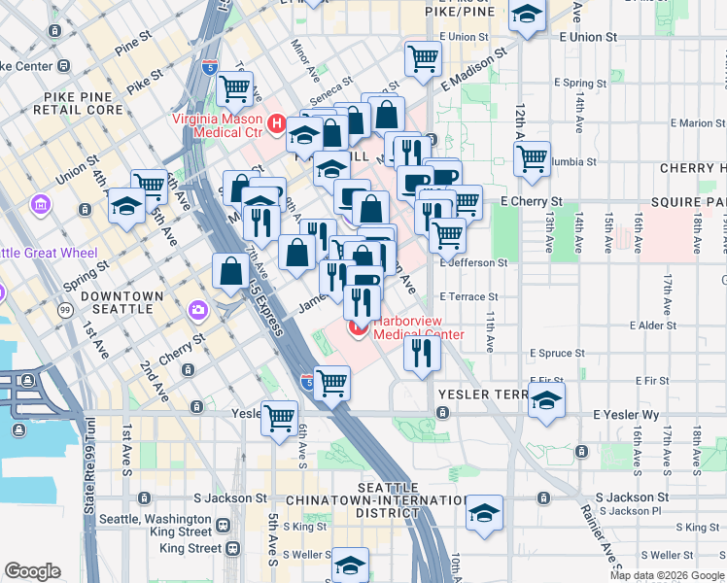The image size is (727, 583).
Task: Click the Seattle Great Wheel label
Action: [49, 253]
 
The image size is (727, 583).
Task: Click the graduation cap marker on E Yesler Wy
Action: [547, 399]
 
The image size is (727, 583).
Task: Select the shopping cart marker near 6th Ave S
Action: [280, 419]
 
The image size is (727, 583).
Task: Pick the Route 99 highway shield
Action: [65, 309]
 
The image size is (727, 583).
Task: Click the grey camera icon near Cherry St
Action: [199, 310]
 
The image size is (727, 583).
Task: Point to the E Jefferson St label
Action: [473, 262]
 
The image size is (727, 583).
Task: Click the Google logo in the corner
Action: [33, 571]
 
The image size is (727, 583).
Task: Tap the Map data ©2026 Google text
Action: [666, 575]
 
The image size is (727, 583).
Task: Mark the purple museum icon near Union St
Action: [40, 205]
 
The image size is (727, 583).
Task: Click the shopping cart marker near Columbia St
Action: [532, 157]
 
